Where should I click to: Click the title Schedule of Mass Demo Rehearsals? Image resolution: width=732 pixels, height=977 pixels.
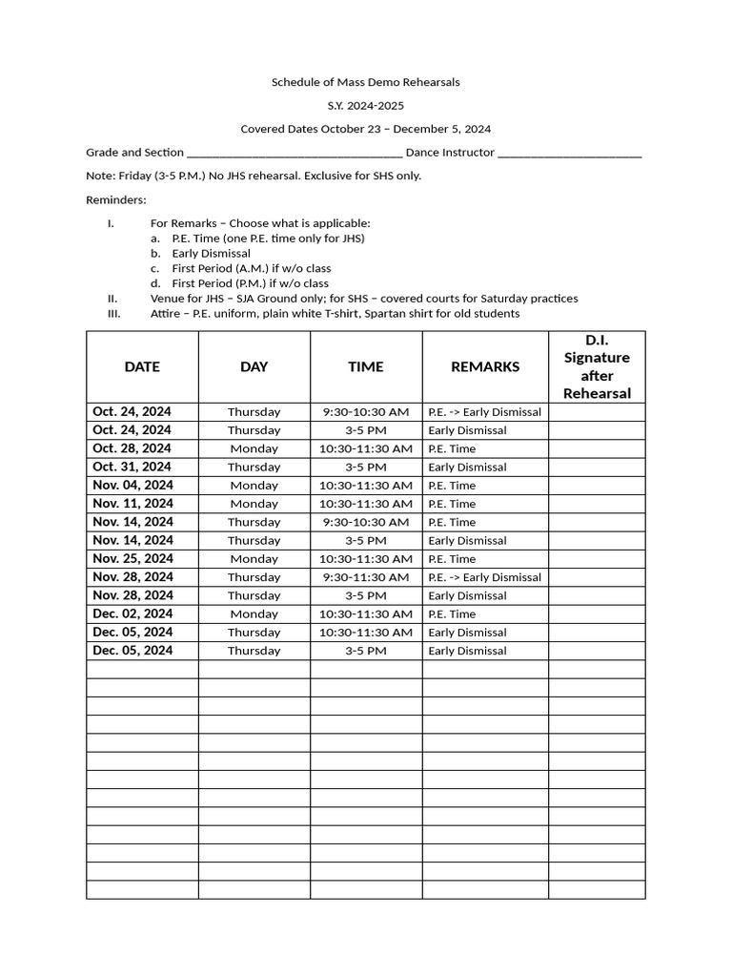pyautogui.click(x=366, y=82)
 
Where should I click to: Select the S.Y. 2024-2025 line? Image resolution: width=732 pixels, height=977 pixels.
pyautogui.click(x=366, y=106)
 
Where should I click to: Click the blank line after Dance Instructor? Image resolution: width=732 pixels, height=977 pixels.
pyautogui.click(x=569, y=154)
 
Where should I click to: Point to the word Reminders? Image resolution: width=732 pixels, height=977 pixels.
pyautogui.click(x=116, y=199)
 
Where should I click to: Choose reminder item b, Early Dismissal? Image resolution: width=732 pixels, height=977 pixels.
pyautogui.click(x=211, y=254)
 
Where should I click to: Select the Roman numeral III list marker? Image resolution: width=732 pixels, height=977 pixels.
pyautogui.click(x=113, y=313)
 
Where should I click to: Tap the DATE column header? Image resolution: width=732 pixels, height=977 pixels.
pyautogui.click(x=142, y=366)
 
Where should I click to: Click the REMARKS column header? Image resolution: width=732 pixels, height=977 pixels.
pyautogui.click(x=484, y=366)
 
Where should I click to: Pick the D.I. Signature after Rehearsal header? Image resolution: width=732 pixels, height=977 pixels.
pyautogui.click(x=597, y=366)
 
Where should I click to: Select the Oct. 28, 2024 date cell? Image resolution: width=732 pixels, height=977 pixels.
pyautogui.click(x=132, y=448)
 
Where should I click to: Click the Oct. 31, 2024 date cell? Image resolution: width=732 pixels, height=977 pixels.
pyautogui.click(x=132, y=467)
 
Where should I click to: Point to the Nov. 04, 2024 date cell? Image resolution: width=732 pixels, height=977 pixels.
pyautogui.click(x=132, y=485)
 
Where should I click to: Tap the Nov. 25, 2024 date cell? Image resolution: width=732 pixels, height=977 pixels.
pyautogui.click(x=132, y=558)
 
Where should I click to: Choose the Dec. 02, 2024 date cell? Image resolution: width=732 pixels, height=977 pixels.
pyautogui.click(x=132, y=613)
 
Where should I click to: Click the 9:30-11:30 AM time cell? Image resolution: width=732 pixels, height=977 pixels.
pyautogui.click(x=365, y=577)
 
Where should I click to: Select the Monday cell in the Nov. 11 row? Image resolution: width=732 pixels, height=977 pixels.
pyautogui.click(x=254, y=504)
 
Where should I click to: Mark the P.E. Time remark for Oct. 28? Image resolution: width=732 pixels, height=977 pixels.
pyautogui.click(x=452, y=448)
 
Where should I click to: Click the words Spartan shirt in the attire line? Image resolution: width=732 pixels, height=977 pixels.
pyautogui.click(x=421, y=313)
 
